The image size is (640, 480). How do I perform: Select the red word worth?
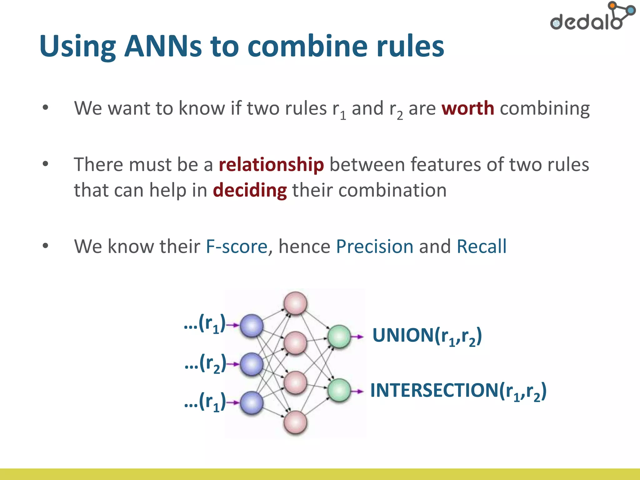(x=467, y=108)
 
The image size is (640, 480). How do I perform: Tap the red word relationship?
(x=271, y=165)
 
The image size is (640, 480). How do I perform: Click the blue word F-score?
(x=237, y=247)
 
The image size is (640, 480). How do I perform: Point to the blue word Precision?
(x=374, y=247)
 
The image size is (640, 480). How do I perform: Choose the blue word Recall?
(x=481, y=247)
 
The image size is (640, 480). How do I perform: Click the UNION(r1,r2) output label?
(x=427, y=336)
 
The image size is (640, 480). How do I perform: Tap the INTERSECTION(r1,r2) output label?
(x=458, y=391)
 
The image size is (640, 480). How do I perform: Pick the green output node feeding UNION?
(x=339, y=337)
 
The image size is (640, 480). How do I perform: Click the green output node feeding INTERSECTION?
(x=339, y=390)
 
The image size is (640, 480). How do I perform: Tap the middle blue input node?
(x=252, y=364)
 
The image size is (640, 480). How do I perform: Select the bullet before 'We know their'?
(x=46, y=246)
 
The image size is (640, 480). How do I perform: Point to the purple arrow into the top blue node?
(x=232, y=325)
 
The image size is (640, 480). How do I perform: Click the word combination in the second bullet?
(x=392, y=190)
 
